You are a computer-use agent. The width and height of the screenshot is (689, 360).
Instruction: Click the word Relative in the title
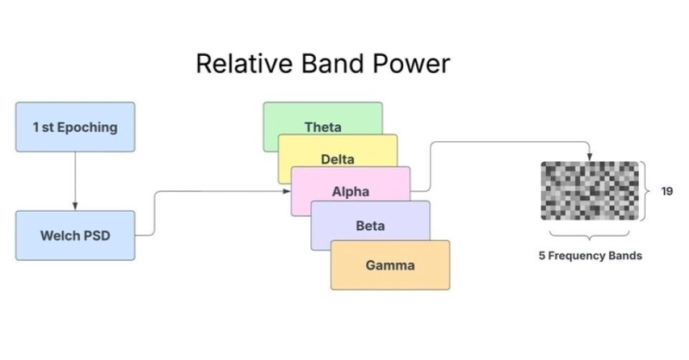(244, 63)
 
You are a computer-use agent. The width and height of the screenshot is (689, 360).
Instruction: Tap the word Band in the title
(332, 63)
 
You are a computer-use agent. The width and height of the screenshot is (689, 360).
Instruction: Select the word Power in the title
(412, 63)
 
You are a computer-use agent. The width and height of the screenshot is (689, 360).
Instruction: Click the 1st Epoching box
(75, 127)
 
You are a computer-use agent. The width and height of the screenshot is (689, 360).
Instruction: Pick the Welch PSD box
(75, 236)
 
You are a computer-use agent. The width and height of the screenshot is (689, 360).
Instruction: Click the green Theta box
(323, 119)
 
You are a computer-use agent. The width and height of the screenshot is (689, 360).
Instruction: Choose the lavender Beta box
(370, 221)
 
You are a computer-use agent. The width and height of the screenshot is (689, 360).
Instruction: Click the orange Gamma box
(390, 265)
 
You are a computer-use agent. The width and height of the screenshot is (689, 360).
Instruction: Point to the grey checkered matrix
(590, 191)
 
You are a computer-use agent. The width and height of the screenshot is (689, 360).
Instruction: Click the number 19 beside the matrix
(667, 191)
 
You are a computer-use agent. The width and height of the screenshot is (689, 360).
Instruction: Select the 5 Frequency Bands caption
(590, 256)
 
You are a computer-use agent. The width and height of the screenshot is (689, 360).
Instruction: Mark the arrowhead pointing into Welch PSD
(75, 206)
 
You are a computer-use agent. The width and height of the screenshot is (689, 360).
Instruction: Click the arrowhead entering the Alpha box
(287, 191)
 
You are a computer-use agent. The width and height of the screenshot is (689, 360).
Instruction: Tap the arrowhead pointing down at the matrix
(590, 158)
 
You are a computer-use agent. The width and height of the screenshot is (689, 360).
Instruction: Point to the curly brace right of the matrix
(645, 191)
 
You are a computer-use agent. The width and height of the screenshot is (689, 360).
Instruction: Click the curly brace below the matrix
(589, 235)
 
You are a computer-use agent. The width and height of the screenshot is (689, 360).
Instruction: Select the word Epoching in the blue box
(88, 127)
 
